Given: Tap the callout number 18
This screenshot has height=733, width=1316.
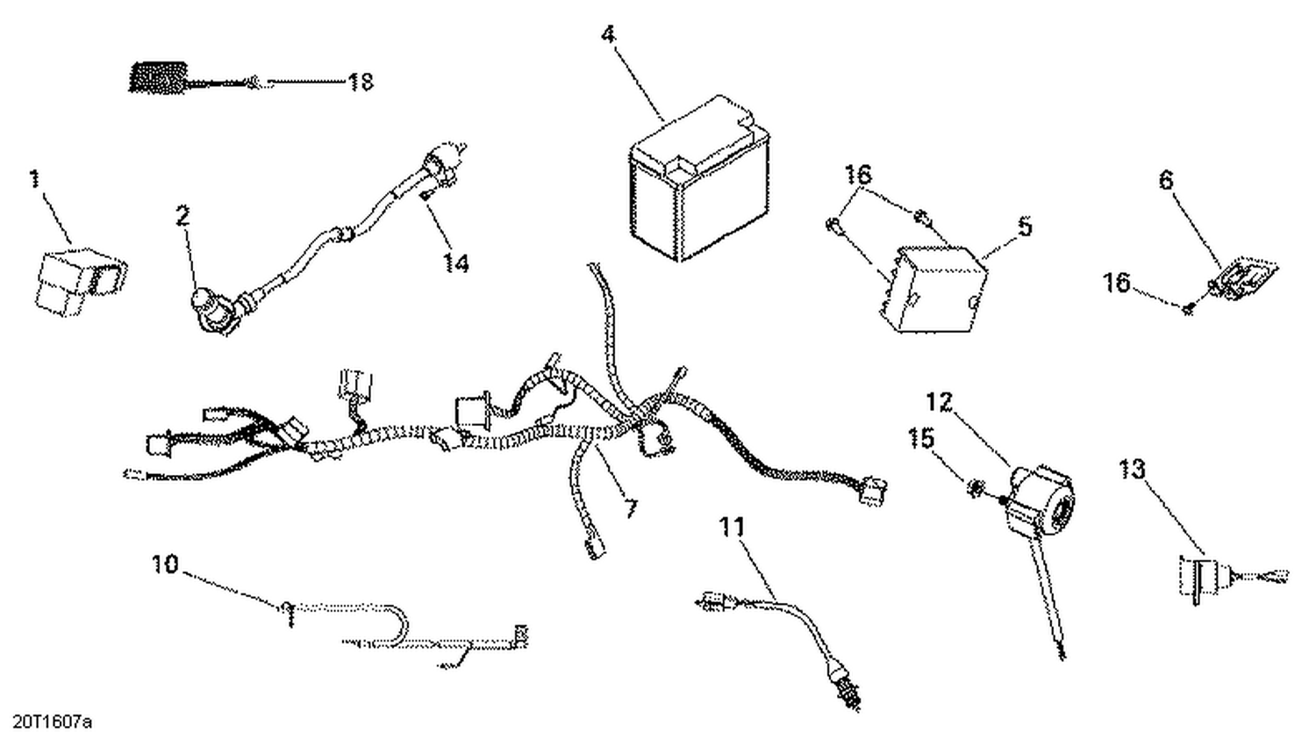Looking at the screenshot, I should click(361, 82).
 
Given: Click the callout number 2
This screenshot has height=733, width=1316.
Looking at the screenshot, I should click(182, 216).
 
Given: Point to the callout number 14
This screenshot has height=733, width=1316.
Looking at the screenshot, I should click(455, 262).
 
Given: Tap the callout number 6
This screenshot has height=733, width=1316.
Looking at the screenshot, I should click(1165, 180).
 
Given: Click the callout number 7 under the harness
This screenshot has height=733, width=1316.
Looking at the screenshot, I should click(631, 508).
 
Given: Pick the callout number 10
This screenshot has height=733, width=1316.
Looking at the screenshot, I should click(164, 564).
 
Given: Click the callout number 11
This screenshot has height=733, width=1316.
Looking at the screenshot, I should click(732, 528).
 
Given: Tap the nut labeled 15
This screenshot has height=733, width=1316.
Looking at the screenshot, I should click(975, 486).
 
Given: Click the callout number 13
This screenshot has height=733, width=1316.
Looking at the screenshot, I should click(1132, 470).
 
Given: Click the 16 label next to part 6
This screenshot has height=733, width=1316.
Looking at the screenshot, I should click(1117, 284).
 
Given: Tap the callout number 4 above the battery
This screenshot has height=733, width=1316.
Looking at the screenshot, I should click(608, 35).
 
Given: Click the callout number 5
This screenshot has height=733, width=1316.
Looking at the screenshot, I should click(1025, 226).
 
